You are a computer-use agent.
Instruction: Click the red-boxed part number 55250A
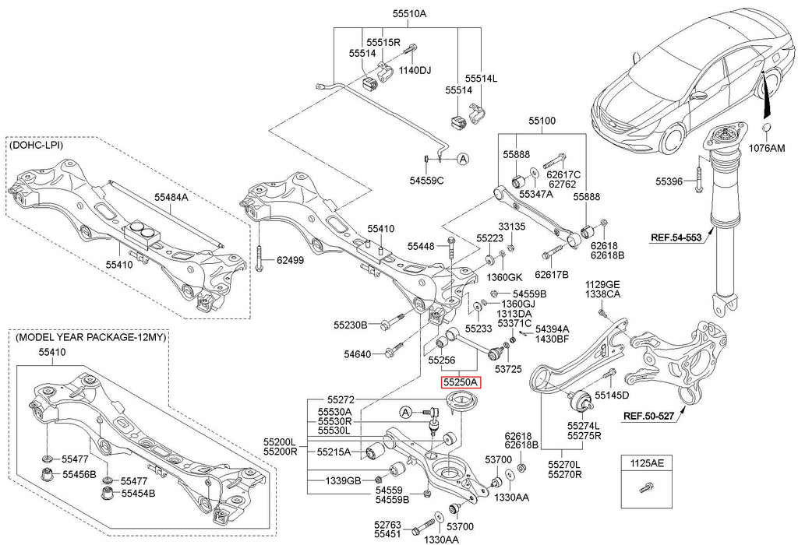coord(461,382)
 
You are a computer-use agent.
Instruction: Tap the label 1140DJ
coord(415,70)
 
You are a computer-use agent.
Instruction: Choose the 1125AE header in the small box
coord(645,463)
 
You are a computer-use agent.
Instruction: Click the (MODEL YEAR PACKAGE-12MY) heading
coord(90,337)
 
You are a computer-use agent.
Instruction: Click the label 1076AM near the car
coord(767,148)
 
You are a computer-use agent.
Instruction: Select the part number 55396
coord(669,181)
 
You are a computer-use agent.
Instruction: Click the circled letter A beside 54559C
coord(462,158)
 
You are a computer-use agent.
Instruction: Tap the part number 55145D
coord(612,396)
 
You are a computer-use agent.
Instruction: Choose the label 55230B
coord(350,324)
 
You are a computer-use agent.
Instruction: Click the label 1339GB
coord(343,480)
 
